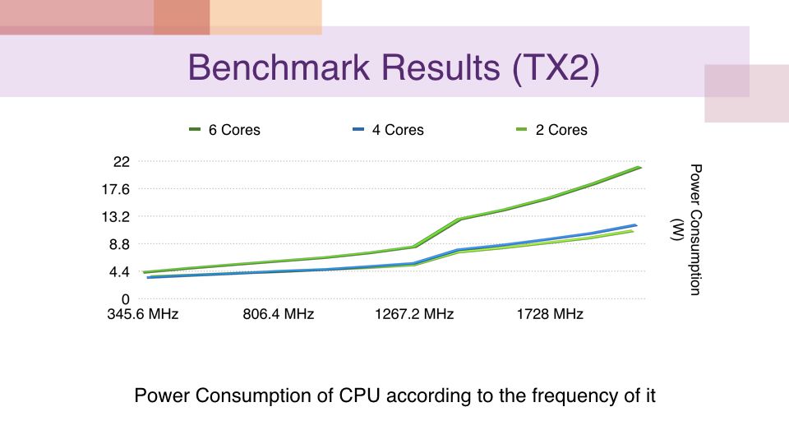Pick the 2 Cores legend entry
(x=561, y=130)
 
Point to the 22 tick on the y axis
(x=122, y=161)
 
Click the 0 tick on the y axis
(x=126, y=299)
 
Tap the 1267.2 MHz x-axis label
(x=413, y=315)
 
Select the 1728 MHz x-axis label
(x=549, y=315)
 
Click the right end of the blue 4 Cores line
(x=636, y=224)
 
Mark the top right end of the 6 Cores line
(x=639, y=167)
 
